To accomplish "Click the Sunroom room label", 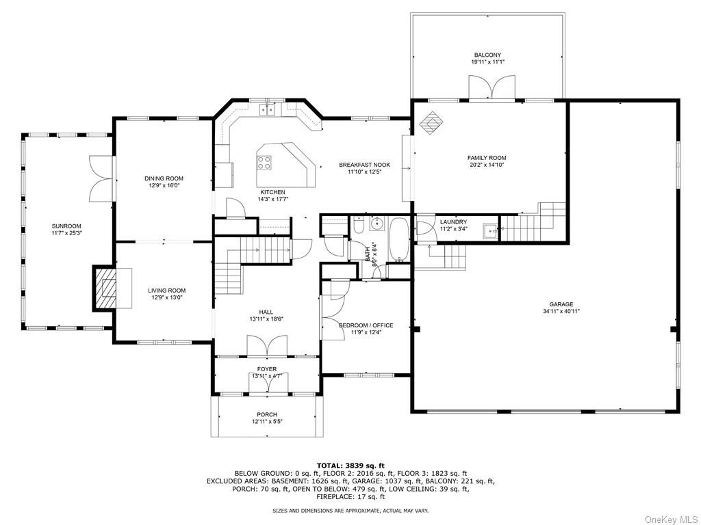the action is point(66,226).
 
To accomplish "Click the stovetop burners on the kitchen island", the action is point(264,162).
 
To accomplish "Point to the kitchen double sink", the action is point(268,109).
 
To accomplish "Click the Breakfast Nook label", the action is point(364,165).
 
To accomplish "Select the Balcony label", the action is point(487,55).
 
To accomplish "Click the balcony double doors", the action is point(492,87).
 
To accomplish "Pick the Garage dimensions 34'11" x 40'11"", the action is point(561,312).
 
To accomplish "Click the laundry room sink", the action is point(490,231).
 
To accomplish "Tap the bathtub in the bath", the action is point(398,240).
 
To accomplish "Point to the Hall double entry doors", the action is point(267,345).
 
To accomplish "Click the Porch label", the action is point(267,414).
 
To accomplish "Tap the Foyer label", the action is point(267,369).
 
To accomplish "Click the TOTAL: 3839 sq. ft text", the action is point(350,466).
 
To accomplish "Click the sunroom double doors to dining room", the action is point(101,178).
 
